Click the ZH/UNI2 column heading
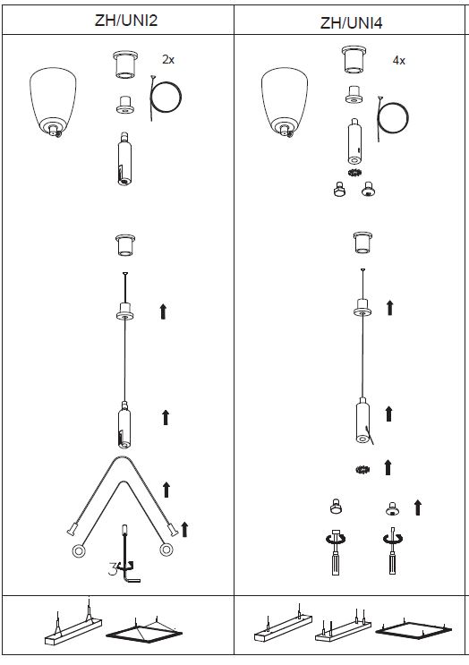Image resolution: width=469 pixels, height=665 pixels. (126, 20)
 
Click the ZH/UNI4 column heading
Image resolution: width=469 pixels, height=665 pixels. (351, 22)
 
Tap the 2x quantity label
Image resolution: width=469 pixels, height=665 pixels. (168, 60)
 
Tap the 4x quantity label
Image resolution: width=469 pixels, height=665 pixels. (398, 61)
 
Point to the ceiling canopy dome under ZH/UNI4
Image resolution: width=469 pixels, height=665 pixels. (285, 102)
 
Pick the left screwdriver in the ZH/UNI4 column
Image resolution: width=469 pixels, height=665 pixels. (336, 552)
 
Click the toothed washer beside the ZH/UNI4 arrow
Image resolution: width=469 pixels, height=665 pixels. (362, 469)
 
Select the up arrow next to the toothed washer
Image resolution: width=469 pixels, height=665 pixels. (388, 467)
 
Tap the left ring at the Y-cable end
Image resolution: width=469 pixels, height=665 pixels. (79, 551)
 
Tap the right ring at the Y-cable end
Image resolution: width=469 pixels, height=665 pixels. (166, 550)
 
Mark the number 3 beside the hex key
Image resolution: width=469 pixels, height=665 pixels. (113, 568)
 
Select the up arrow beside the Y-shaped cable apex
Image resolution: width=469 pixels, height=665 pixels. (166, 490)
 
